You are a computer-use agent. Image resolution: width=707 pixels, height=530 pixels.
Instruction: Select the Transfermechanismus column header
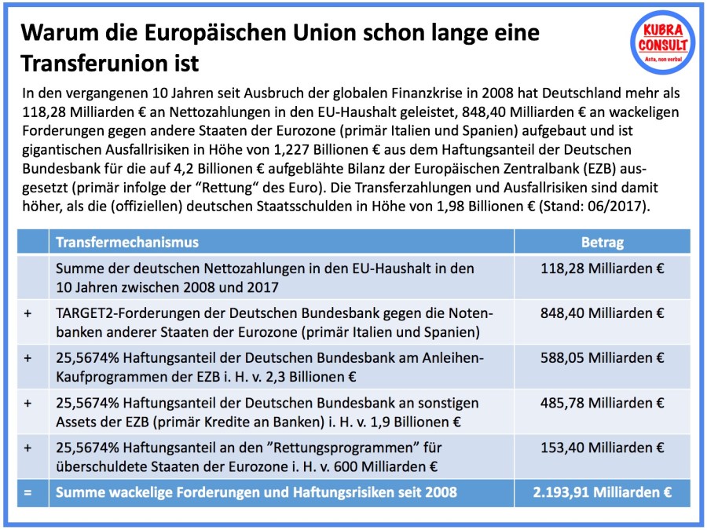pyautogui.click(x=127, y=242)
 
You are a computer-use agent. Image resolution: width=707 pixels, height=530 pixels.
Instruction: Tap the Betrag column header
pyautogui.click(x=602, y=242)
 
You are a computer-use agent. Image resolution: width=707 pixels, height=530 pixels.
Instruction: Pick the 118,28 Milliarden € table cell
pyautogui.click(x=603, y=269)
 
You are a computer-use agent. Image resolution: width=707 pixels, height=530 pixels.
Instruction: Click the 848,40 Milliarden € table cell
pyautogui.click(x=603, y=313)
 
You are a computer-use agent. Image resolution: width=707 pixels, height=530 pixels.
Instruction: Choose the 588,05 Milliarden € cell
pyautogui.click(x=603, y=358)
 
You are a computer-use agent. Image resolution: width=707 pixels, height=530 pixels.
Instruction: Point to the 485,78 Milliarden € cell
pyautogui.click(x=603, y=403)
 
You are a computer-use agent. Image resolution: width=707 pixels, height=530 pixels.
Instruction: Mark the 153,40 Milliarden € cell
pyautogui.click(x=603, y=448)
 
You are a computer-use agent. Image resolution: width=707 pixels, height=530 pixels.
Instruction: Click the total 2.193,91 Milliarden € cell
pyautogui.click(x=603, y=493)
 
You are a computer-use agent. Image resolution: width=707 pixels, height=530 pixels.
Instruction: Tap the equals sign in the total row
pyautogui.click(x=28, y=493)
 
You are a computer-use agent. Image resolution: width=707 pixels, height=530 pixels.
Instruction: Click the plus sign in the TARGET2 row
pyautogui.click(x=28, y=313)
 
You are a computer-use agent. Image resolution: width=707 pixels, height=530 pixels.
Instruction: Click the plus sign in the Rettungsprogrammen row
pyautogui.click(x=28, y=448)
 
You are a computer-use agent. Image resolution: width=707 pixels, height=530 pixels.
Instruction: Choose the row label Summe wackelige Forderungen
pyautogui.click(x=157, y=493)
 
